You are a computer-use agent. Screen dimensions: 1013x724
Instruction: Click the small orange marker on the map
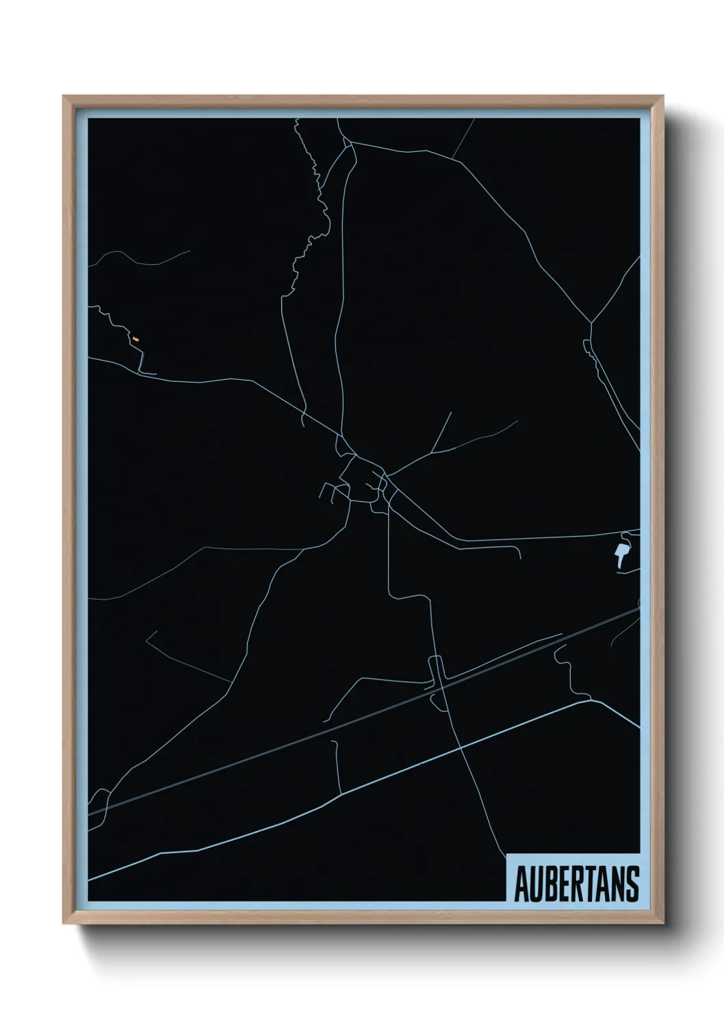click(x=135, y=339)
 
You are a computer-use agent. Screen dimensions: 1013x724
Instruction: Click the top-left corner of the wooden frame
click(x=64, y=97)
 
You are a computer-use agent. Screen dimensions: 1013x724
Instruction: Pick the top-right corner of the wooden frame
click(x=663, y=97)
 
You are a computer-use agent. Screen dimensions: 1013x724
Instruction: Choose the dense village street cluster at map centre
click(x=363, y=479)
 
